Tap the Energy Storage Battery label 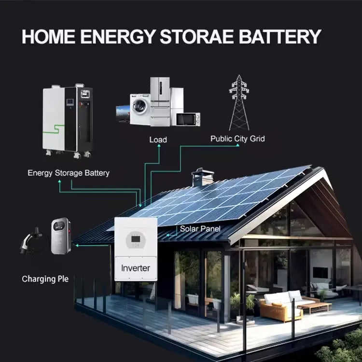click(x=69, y=173)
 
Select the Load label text click(x=158, y=139)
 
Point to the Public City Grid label click(x=237, y=139)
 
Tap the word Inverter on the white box click(x=136, y=268)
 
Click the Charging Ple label click(x=45, y=279)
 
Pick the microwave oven click(x=188, y=119)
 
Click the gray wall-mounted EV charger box click(x=61, y=235)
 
